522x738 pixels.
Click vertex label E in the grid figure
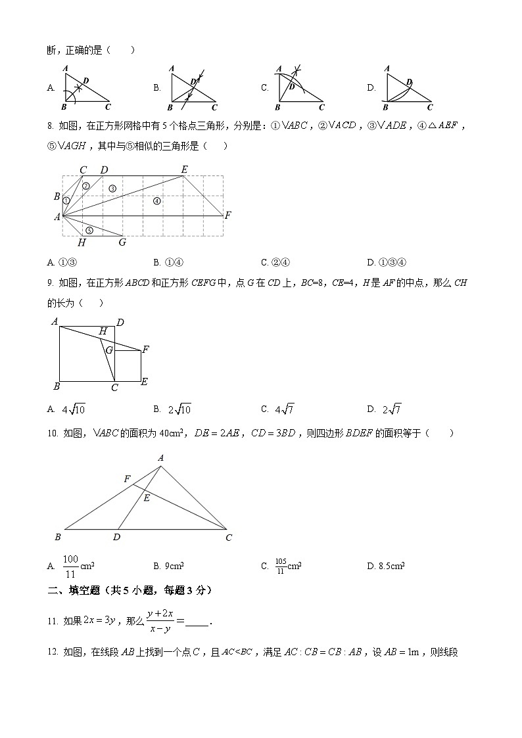tap(185, 170)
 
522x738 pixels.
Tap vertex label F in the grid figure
tap(227, 215)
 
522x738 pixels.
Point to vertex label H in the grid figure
tap(82, 242)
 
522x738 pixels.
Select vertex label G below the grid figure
tap(122, 242)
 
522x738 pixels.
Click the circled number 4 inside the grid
tap(156, 200)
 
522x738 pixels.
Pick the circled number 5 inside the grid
tap(89, 230)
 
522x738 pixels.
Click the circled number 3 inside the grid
tap(112, 189)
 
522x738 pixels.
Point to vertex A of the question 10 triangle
tap(160, 457)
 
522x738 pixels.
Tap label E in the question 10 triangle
tap(147, 498)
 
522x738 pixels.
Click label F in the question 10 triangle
tap(127, 479)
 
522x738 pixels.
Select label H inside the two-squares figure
tap(103, 332)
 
